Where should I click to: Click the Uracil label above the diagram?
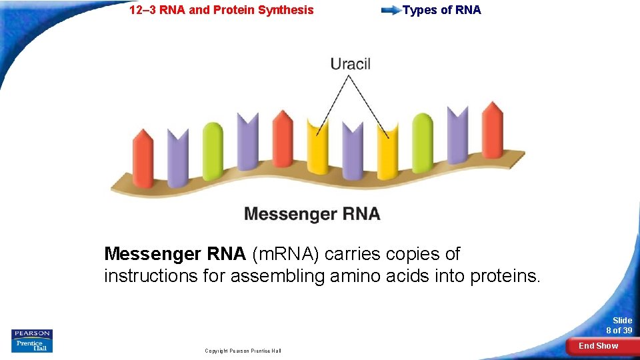tap(350, 65)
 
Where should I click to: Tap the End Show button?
tap(598, 345)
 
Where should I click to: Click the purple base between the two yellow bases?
tap(352, 151)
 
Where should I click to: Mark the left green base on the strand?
tap(213, 151)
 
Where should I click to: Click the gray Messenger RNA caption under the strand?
tap(312, 214)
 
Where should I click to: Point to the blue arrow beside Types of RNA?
tap(391, 10)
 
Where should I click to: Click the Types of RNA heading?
tap(441, 10)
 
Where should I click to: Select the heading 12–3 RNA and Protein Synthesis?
tap(221, 10)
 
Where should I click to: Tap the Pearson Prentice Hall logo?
tap(32, 341)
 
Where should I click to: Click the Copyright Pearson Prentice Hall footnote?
tap(243, 351)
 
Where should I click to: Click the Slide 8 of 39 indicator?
tap(619, 325)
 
